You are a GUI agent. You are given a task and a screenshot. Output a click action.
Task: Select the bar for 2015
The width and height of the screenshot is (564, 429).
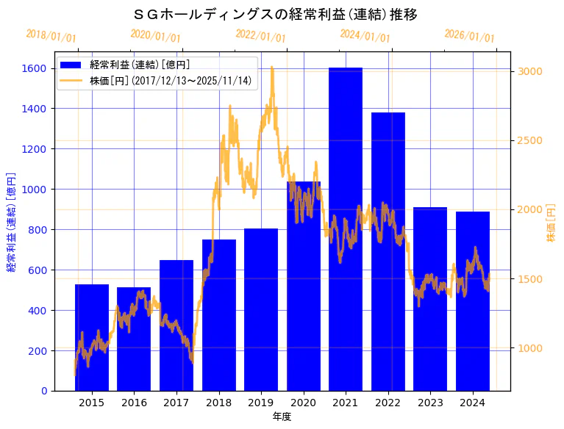(92, 337)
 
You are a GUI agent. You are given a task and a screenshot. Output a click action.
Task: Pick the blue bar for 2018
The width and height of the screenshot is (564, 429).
(219, 315)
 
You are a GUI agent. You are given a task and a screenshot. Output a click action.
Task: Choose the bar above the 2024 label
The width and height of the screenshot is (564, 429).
(473, 301)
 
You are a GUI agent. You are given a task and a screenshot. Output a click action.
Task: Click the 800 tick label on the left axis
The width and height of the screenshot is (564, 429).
(38, 230)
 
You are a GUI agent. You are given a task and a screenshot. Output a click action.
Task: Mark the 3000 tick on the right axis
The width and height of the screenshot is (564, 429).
(530, 71)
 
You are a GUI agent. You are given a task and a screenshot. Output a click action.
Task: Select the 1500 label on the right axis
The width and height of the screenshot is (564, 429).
(530, 279)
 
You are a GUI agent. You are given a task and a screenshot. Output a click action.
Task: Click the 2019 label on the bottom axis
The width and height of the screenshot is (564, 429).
(261, 403)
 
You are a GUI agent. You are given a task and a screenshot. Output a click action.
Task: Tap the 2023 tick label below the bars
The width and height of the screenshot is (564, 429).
(430, 403)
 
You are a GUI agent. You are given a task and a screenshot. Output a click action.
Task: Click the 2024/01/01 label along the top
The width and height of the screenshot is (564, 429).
(365, 35)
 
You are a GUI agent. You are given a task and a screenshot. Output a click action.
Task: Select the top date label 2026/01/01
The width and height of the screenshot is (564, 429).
(470, 35)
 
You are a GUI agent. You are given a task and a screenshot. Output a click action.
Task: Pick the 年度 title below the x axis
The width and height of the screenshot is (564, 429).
(282, 417)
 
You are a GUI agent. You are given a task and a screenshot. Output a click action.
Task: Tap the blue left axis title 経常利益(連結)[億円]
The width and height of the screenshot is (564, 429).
(11, 223)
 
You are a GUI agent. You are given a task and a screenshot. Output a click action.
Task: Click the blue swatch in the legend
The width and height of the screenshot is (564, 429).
(71, 65)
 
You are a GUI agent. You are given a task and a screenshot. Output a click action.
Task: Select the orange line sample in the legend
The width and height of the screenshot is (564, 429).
(71, 81)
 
